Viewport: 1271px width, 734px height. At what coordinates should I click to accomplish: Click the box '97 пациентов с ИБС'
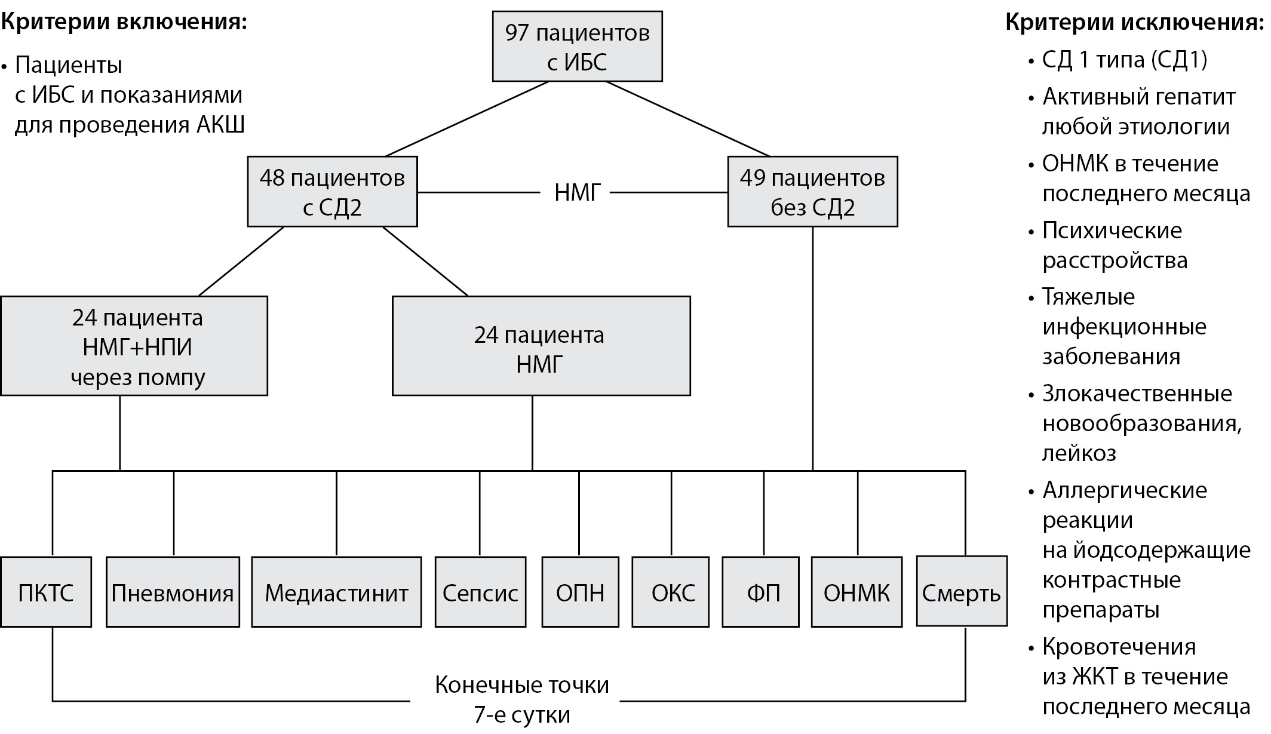577,47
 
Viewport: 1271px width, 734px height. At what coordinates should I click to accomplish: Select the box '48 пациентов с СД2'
332,192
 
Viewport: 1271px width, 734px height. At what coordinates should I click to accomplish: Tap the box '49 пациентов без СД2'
812,192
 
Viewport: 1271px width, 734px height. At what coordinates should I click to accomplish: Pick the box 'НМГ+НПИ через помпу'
134,346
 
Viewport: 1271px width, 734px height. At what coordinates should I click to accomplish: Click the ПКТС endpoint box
46,592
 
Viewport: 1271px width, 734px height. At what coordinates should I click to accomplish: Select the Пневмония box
173,592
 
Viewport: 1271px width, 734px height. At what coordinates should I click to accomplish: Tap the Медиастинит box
336,592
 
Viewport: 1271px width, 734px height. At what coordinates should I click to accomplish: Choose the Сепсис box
480,592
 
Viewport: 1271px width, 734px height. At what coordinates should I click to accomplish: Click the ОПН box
580,592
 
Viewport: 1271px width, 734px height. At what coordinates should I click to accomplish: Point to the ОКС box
671,592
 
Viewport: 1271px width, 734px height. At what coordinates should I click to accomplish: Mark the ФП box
760,592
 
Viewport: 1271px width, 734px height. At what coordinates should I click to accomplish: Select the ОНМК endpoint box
856,592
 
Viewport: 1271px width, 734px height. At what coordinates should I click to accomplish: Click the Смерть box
962,592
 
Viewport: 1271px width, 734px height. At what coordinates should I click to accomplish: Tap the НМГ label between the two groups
577,193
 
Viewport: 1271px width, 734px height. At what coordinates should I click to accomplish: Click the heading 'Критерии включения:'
124,22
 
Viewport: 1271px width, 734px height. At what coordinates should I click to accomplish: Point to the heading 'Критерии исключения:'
1134,22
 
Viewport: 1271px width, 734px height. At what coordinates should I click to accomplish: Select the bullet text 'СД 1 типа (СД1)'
1125,60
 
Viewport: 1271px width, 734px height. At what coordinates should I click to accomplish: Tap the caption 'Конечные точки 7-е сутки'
521,699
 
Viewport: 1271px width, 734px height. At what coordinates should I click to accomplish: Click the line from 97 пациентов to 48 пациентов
467,118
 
